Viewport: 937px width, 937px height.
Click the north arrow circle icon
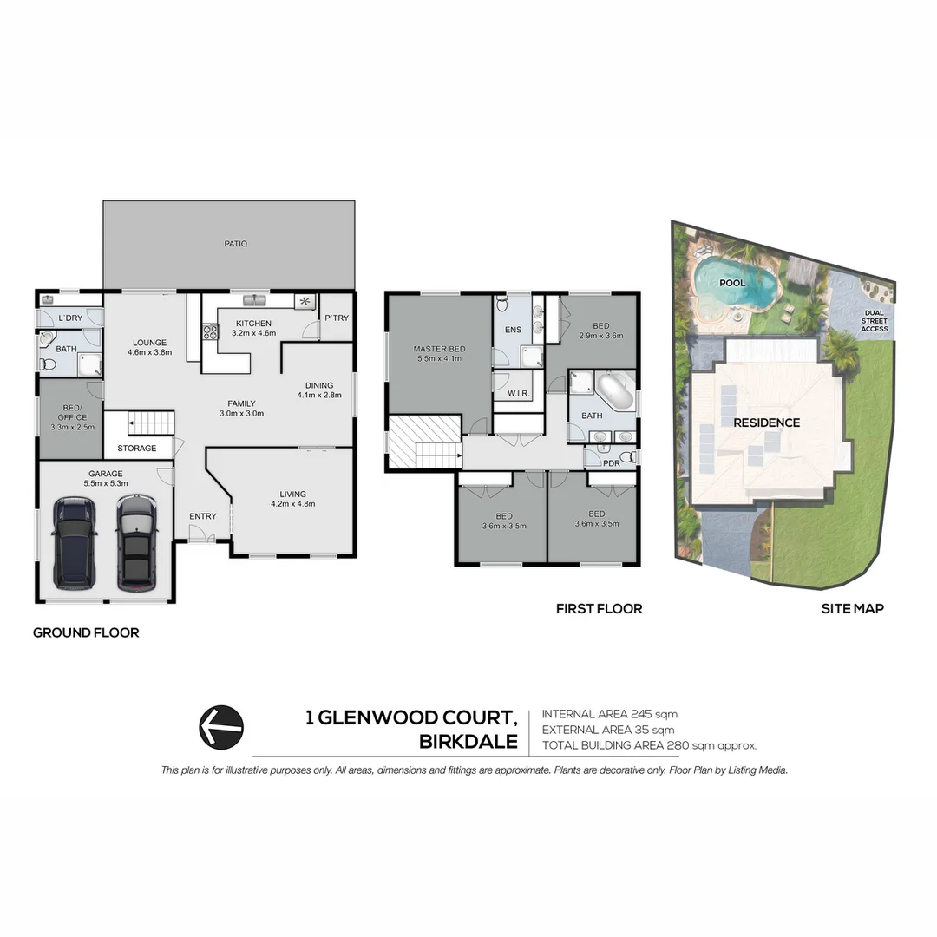(221, 726)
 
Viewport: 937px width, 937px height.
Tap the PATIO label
(235, 244)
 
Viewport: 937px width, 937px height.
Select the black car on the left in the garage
(75, 542)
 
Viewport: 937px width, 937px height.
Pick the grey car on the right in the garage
(134, 542)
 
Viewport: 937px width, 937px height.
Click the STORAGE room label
(137, 449)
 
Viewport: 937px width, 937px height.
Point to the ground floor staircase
(151, 423)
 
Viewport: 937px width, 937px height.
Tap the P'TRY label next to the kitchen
(337, 318)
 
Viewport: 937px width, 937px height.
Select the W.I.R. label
(517, 394)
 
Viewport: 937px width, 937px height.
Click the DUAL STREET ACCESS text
(874, 321)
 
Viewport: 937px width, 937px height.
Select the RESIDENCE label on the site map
(766, 423)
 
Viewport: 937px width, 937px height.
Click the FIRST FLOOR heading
(599, 609)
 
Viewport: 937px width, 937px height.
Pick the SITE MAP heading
(852, 609)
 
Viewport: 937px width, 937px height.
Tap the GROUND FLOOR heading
(86, 632)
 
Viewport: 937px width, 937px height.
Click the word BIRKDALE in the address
(468, 743)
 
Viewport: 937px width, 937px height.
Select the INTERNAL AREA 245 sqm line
(609, 714)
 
